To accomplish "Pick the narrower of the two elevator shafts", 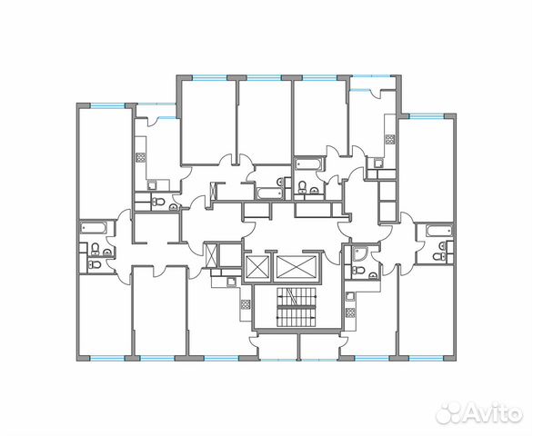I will (257, 268).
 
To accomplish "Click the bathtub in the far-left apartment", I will (94, 227).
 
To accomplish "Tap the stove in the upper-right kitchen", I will (390, 139).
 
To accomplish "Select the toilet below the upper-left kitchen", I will (156, 201).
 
